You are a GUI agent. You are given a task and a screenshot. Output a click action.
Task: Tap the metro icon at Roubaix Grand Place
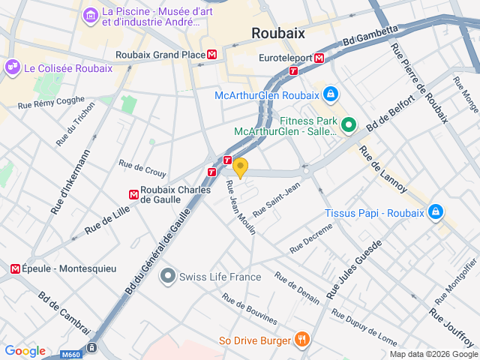tap(213, 55)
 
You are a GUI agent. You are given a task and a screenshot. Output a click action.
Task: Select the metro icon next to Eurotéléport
tap(319, 58)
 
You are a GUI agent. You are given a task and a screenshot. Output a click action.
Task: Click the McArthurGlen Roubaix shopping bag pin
tap(329, 94)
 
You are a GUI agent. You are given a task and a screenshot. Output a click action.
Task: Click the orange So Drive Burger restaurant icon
tap(301, 340)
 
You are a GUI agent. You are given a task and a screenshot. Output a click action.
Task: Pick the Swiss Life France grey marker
tap(167, 277)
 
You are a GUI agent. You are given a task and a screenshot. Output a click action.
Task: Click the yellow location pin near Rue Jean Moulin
tap(240, 166)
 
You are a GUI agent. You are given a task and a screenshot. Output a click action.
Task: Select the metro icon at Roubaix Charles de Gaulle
tap(133, 195)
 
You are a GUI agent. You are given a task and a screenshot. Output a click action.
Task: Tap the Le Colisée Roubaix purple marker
tap(13, 67)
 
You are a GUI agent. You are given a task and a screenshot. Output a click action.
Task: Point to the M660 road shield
tap(71, 354)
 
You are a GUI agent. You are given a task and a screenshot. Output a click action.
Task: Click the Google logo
tap(25, 351)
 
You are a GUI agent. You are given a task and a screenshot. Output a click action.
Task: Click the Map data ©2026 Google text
tap(433, 354)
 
